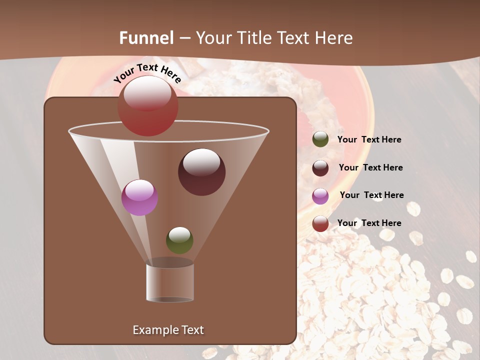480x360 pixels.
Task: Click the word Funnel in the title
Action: click(146, 38)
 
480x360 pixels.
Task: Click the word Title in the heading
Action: click(254, 38)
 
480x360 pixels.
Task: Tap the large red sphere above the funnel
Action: click(148, 105)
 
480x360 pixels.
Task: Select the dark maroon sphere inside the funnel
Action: click(201, 171)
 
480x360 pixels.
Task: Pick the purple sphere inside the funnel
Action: click(139, 197)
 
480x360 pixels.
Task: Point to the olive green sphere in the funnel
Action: click(179, 240)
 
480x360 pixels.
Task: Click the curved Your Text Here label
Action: click(147, 73)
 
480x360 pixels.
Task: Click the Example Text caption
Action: click(168, 330)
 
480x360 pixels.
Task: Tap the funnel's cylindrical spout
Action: click(170, 282)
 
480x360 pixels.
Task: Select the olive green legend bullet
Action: click(320, 139)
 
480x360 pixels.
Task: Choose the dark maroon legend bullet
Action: click(320, 168)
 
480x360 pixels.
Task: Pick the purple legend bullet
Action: click(320, 196)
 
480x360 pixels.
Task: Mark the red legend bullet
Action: click(320, 223)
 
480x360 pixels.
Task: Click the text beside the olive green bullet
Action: click(369, 140)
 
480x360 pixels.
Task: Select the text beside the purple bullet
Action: click(371, 195)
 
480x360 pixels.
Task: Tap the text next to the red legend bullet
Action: click(369, 223)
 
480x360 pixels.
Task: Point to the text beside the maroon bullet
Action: click(370, 167)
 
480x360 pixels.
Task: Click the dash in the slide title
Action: click(184, 38)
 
